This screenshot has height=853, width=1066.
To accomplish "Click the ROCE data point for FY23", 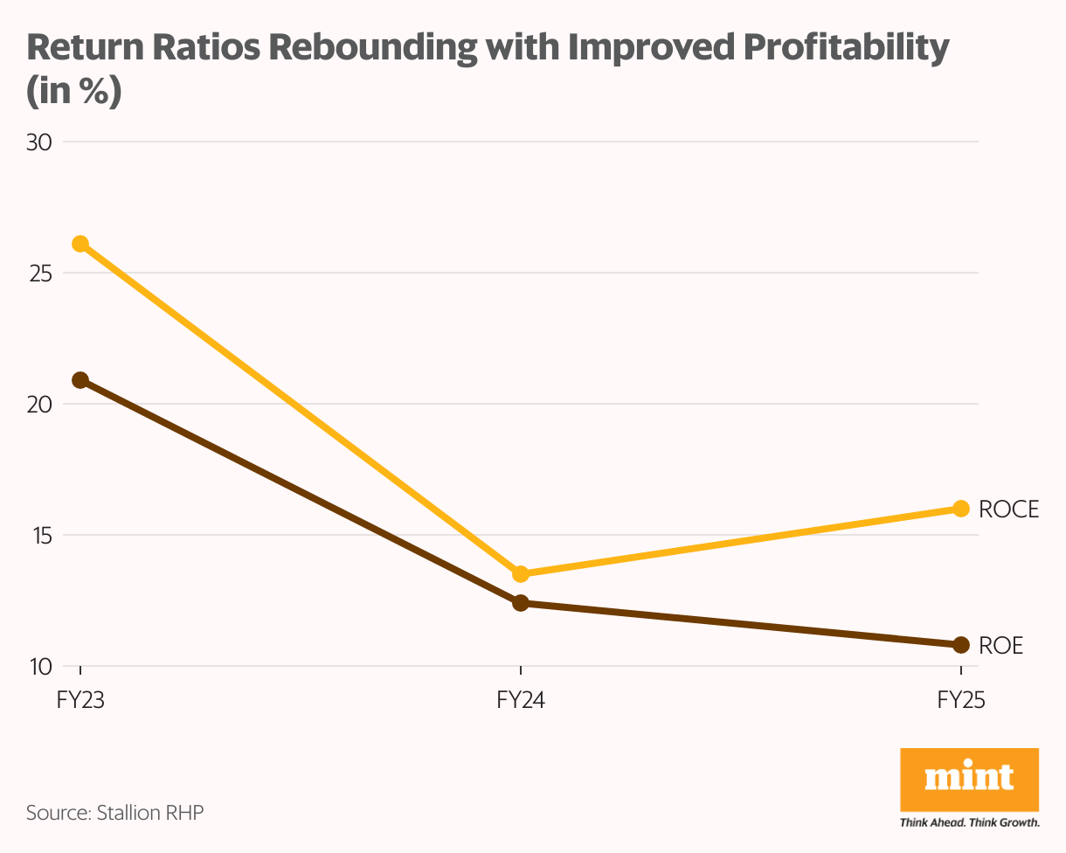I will (80, 244).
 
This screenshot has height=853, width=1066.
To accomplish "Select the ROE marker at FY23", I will (80, 380).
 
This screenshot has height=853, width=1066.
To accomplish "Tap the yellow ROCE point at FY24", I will (521, 574).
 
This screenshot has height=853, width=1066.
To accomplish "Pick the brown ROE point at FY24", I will (521, 603).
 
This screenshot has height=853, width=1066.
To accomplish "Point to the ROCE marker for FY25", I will (961, 509).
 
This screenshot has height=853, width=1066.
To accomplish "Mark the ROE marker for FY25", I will (961, 645).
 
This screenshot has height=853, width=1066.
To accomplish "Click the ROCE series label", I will (1009, 510).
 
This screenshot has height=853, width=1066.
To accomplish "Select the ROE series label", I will (1001, 646).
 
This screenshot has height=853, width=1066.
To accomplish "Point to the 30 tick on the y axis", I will (39, 142).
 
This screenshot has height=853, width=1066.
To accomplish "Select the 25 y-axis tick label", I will (39, 273).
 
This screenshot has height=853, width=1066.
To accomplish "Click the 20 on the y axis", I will (39, 404).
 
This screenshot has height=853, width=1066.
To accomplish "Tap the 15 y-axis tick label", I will (39, 535).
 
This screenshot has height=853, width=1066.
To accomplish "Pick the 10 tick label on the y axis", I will (39, 666).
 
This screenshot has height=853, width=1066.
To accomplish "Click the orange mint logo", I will (969, 779).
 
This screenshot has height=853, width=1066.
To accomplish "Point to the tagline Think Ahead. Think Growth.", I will (969, 822).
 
